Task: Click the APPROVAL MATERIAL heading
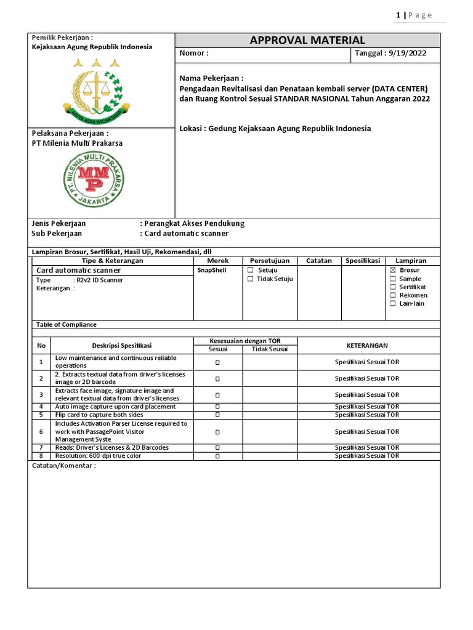coord(307,41)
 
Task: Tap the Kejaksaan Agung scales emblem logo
coord(95,89)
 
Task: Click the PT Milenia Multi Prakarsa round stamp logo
coord(94,179)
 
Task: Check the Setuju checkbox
coord(250,270)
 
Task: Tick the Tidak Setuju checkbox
coord(250,279)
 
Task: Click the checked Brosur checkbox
coord(393,270)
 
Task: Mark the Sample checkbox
coord(393,279)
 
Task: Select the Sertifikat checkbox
coord(393,287)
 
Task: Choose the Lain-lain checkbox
coord(393,304)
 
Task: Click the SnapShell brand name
coord(212,270)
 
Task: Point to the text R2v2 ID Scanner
coord(99,280)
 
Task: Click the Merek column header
coord(217,261)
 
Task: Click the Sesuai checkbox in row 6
coord(217,432)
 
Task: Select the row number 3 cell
coord(41,395)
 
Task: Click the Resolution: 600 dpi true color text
coord(98,456)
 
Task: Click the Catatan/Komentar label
coord(64,466)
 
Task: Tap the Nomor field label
coord(193,54)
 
